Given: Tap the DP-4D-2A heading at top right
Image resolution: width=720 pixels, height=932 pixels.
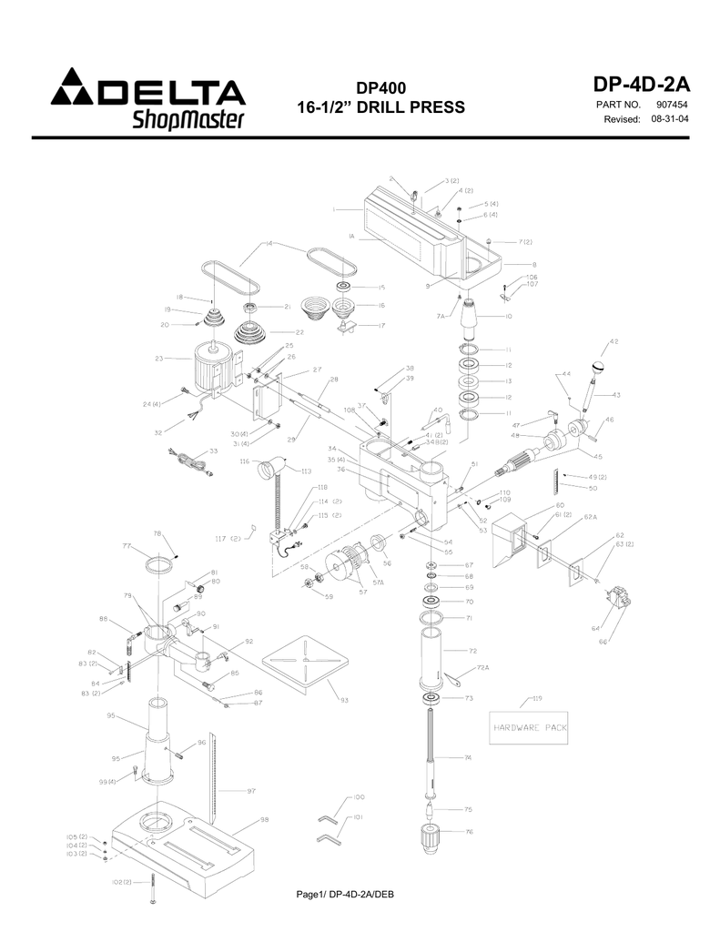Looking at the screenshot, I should pos(641,85).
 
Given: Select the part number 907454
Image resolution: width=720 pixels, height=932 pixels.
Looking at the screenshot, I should pos(672,106).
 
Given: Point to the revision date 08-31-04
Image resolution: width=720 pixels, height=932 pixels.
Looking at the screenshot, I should pos(670,119).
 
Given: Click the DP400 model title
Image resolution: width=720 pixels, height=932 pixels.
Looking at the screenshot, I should pos(380,88).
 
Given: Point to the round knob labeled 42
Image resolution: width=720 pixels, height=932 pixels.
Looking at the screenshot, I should pos(599,367).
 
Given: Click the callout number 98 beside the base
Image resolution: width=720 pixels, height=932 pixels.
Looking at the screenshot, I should pos(264,820).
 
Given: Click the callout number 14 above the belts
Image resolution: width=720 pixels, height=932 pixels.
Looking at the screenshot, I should pos(269,243).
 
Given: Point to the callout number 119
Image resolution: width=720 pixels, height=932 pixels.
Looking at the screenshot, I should pos(538,698).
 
